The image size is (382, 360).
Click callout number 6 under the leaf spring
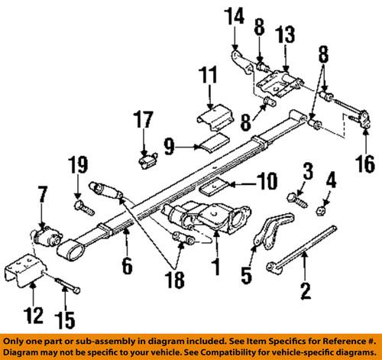(128, 266)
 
